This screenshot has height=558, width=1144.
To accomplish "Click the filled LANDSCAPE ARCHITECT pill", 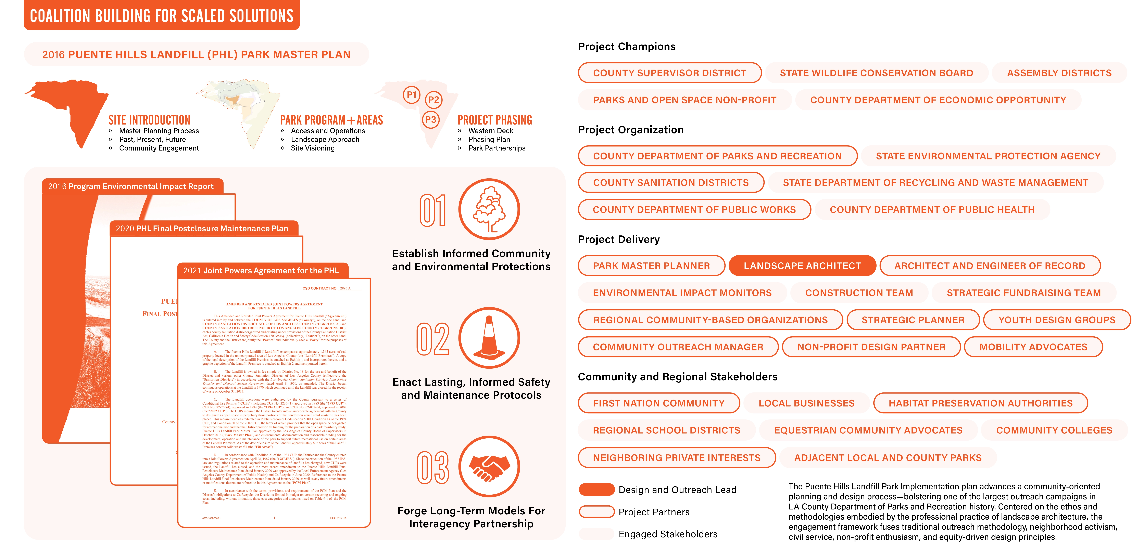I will coord(802,266).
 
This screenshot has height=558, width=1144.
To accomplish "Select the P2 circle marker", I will coord(433,100).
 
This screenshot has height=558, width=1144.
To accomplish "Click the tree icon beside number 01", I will coord(489,209).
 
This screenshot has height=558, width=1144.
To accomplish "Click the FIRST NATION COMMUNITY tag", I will coord(659,403).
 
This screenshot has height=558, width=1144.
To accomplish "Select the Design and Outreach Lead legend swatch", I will coord(596,490).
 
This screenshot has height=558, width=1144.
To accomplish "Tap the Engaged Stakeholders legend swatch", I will coord(596,534).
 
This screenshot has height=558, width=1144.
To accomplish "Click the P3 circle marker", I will coord(430,119).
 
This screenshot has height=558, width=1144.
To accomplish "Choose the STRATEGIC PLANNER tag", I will coord(913,320).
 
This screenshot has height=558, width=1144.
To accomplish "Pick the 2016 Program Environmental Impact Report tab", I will coord(131,186).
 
